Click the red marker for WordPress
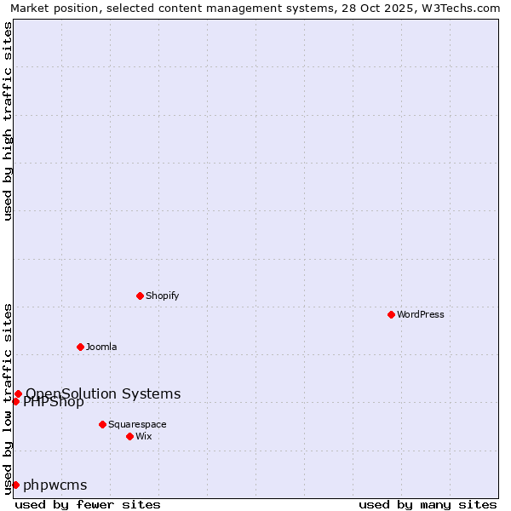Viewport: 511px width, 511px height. point(391,314)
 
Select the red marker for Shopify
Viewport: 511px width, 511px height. point(140,296)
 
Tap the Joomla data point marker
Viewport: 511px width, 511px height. point(80,347)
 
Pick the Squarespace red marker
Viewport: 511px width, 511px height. point(102,424)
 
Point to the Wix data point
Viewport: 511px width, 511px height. point(129,436)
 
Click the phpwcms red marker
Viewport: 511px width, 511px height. point(15,485)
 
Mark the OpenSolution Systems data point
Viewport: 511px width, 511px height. point(18,393)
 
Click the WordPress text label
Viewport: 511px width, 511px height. point(421,314)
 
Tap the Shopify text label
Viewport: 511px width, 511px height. point(162,296)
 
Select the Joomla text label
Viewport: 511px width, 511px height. point(101,347)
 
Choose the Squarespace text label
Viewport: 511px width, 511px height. point(137,424)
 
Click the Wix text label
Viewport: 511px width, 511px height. point(144,436)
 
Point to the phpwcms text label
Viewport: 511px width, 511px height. point(55,485)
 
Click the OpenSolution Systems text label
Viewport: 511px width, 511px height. point(103,393)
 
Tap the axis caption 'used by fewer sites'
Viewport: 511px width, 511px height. point(88,504)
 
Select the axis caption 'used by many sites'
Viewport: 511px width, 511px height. point(428,504)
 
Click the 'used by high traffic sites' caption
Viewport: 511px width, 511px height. point(8,121)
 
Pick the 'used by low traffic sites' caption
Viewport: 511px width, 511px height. point(8,398)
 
